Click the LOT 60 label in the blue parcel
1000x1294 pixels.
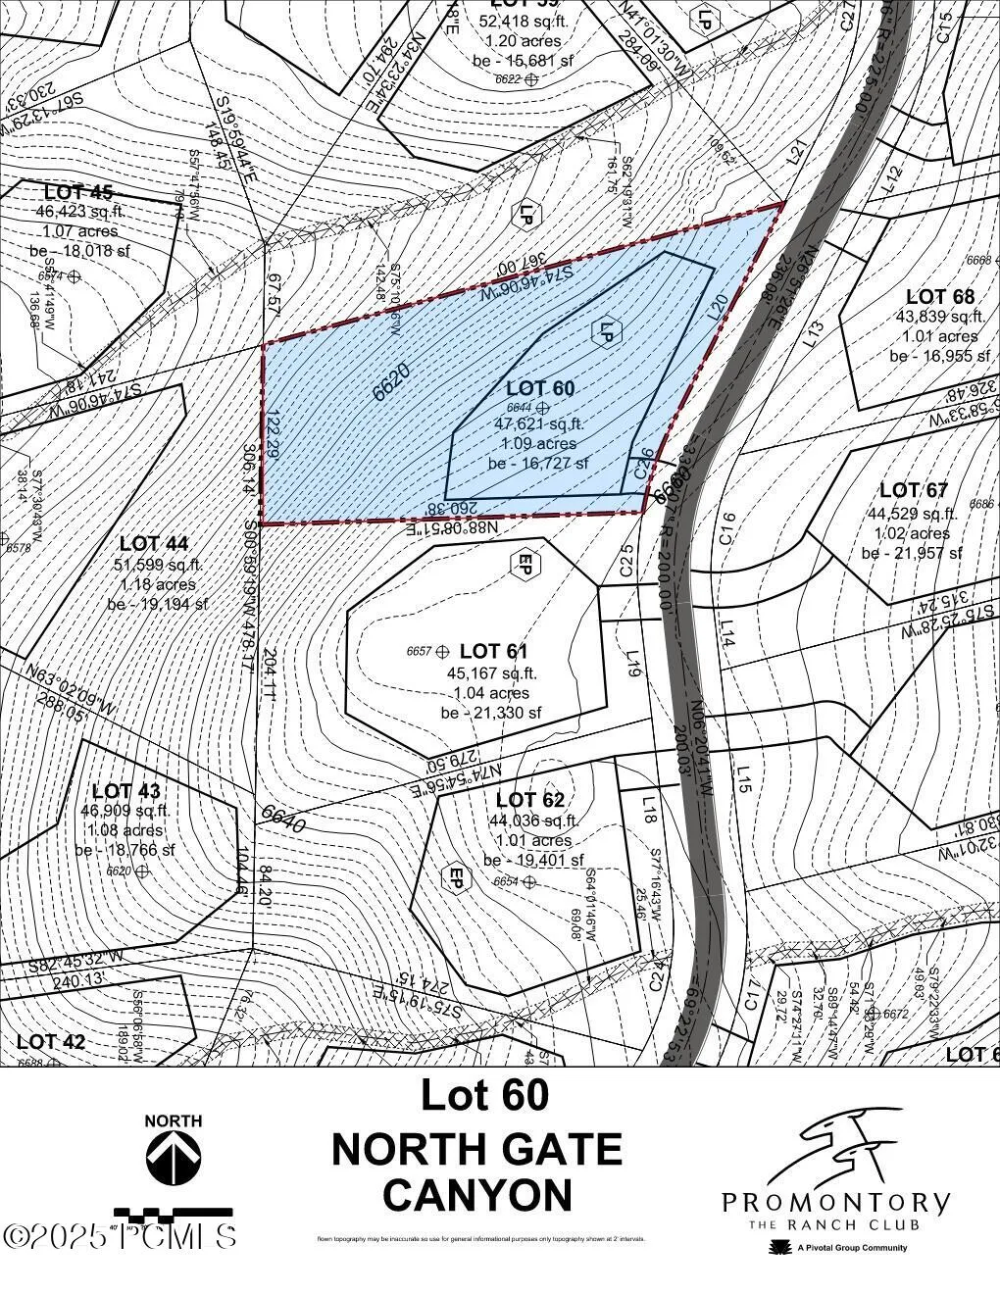tap(540, 388)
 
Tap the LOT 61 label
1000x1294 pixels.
tap(494, 651)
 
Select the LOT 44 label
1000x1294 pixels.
tap(154, 543)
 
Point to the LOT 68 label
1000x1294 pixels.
tap(940, 296)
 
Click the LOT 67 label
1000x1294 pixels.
tap(913, 490)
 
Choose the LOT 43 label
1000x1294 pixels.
tap(125, 790)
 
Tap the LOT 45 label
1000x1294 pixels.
tap(78, 191)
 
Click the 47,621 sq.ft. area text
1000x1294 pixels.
tap(538, 424)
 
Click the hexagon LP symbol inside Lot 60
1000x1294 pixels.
tap(607, 331)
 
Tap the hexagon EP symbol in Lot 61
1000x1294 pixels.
tap(525, 564)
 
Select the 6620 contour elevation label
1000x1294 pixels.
tap(392, 381)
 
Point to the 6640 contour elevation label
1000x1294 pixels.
tap(283, 819)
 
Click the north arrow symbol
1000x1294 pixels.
tap(174, 1157)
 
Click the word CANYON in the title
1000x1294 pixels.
tap(477, 1195)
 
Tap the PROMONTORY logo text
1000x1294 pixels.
tap(835, 1202)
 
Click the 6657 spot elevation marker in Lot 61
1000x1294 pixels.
tap(441, 651)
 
